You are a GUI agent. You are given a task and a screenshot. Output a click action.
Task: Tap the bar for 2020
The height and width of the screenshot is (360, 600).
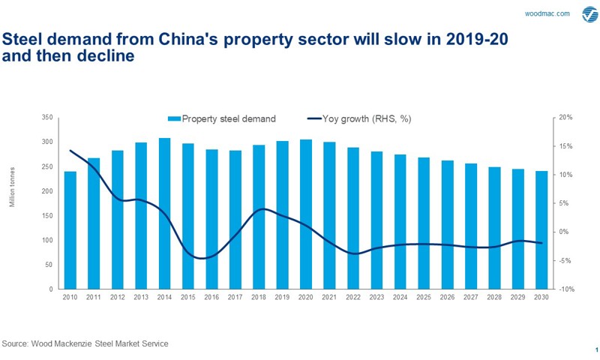click(306, 214)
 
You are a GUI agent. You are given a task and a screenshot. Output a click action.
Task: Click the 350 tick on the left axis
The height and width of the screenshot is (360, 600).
click(47, 118)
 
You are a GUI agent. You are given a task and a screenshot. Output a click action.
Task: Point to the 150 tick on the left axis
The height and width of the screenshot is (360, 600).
click(47, 216)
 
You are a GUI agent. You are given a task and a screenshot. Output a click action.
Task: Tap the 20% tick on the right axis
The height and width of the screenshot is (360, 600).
click(566, 118)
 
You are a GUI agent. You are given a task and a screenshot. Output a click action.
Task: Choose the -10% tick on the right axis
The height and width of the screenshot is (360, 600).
click(566, 289)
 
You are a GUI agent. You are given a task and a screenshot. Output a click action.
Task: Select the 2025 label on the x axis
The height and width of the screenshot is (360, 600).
click(423, 298)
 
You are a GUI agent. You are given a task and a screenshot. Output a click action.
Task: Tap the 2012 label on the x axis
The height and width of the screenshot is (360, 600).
click(117, 298)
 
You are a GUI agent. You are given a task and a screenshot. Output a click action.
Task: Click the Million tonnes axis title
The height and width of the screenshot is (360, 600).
click(13, 203)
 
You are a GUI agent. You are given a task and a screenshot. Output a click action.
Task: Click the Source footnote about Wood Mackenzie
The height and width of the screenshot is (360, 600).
click(85, 343)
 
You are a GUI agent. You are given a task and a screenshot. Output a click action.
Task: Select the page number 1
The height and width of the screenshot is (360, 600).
click(596, 349)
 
